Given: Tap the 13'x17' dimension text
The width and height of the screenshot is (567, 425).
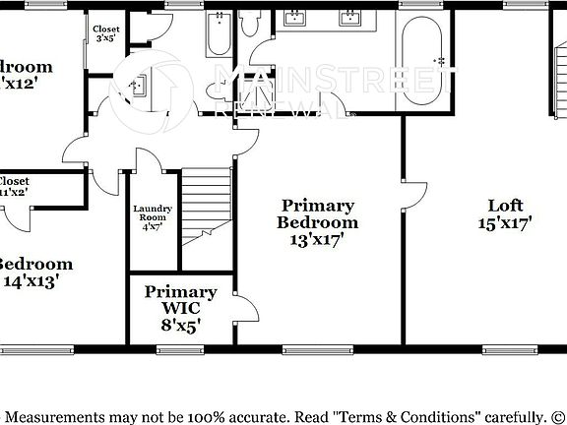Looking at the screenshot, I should click(317, 239).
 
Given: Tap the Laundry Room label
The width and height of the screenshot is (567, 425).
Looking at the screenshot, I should click(153, 212).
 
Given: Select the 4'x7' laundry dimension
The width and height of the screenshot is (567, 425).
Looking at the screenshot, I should click(153, 227).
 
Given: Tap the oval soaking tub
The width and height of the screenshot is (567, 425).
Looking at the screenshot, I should click(425, 61).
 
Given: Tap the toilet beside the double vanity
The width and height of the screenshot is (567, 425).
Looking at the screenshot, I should click(251, 22).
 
